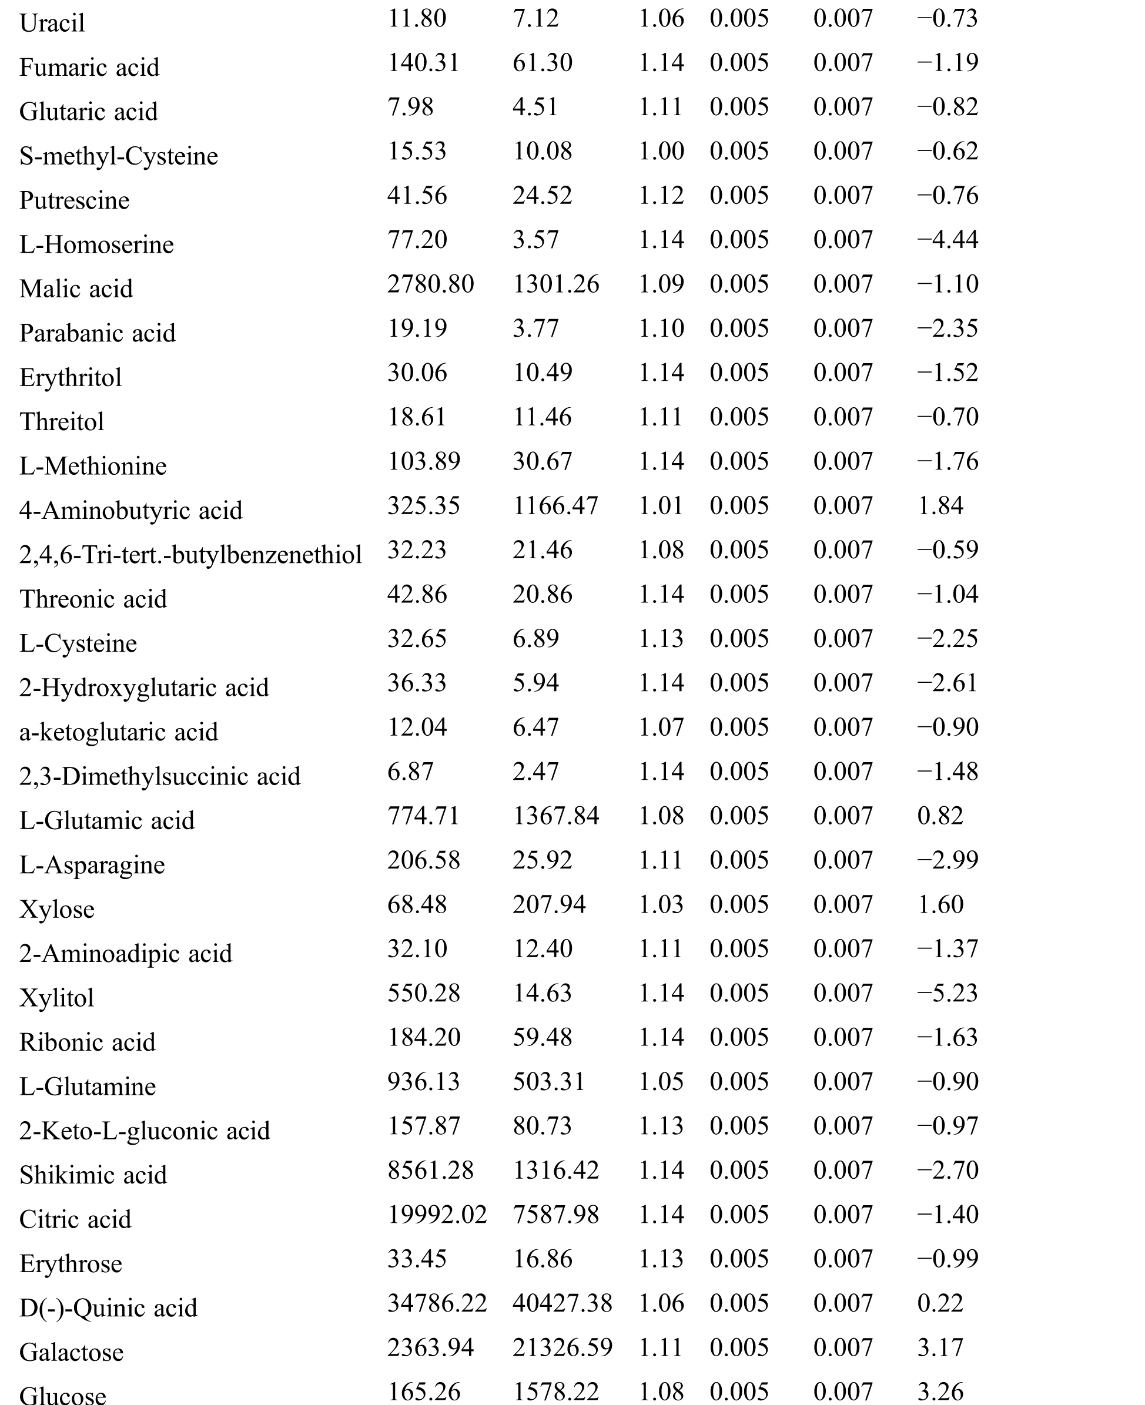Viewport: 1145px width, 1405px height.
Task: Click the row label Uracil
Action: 52,24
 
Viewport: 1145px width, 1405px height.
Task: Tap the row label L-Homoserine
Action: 96,244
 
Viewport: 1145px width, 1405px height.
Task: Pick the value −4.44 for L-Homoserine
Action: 947,239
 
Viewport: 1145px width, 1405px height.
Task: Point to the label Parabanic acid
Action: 98,334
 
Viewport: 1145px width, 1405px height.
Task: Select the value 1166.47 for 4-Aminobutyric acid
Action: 555,506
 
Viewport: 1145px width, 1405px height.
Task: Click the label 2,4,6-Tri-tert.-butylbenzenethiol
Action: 190,555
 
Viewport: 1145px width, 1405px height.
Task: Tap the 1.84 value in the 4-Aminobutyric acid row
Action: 940,506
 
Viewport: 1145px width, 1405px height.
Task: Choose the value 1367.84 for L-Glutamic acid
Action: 556,816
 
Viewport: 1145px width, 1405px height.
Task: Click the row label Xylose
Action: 57,910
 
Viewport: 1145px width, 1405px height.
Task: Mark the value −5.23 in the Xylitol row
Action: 947,993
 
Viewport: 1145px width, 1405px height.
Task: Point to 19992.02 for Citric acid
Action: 437,1215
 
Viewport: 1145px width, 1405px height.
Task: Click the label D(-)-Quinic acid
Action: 108,1308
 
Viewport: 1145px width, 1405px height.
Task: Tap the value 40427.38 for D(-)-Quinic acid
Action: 563,1303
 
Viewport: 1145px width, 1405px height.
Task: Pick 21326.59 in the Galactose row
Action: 563,1347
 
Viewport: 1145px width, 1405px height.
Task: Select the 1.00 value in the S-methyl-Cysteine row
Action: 661,151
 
